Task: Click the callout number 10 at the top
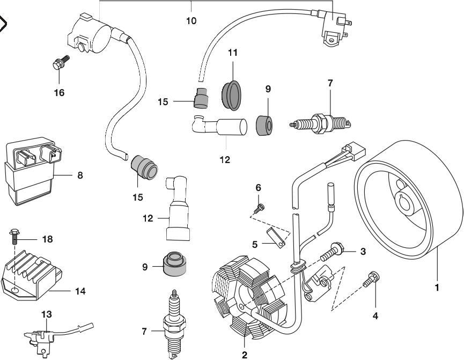click(191, 21)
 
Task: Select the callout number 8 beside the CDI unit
click(80, 175)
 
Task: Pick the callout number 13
click(47, 314)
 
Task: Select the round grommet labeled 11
click(232, 93)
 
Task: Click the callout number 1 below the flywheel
click(437, 288)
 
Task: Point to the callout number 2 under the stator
click(244, 355)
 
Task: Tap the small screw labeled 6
click(260, 208)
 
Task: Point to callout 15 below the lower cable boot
click(138, 197)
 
